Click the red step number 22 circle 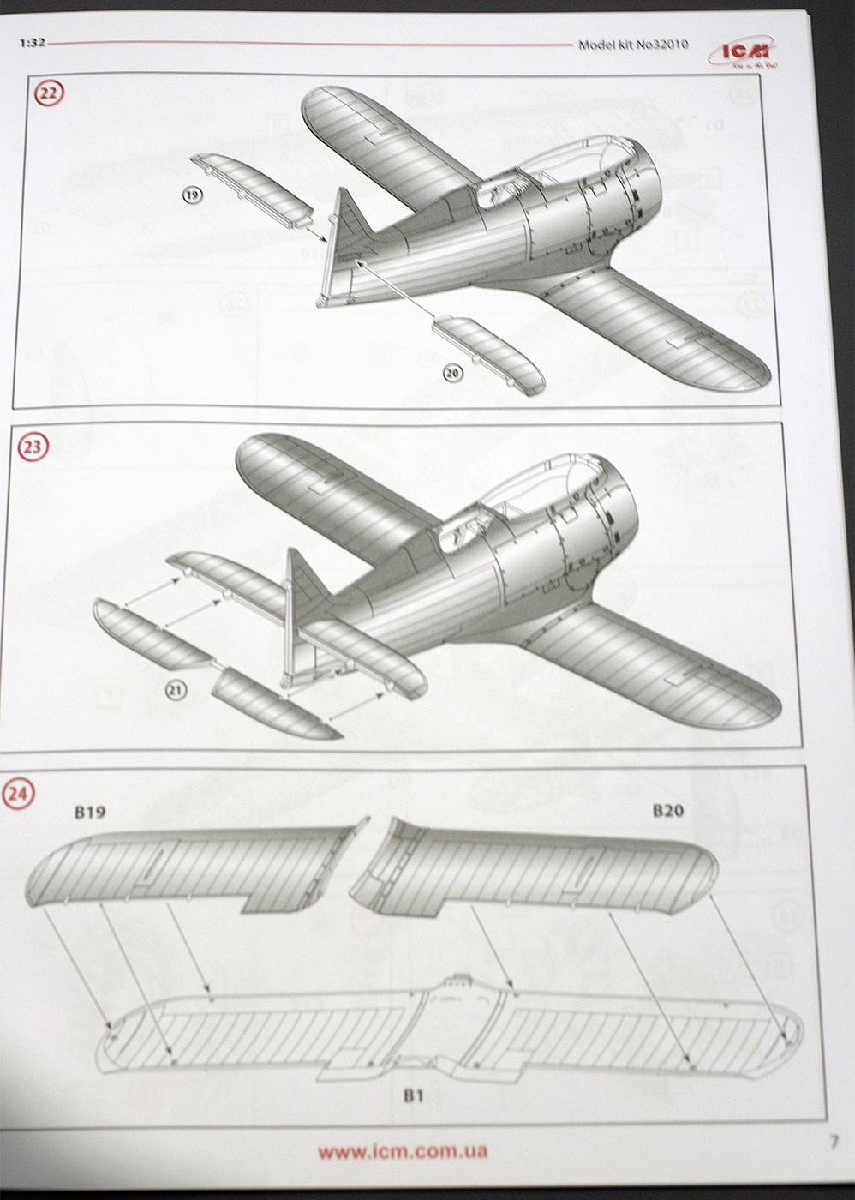48,93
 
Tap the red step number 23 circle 36,446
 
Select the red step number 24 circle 20,794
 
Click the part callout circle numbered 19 192,196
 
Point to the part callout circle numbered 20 453,371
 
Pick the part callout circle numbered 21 176,691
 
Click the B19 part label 89,812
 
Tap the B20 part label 668,809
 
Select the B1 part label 414,1095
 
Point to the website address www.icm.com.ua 403,1152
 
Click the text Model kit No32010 632,45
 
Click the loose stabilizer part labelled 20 488,353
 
